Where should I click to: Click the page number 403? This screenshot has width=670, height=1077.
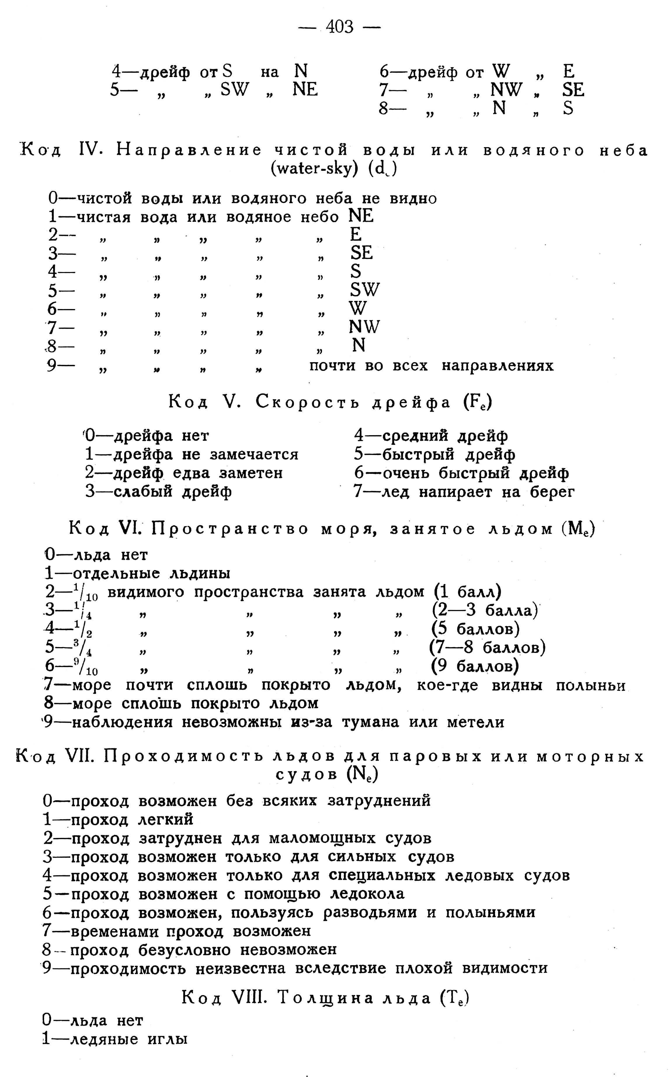coord(340,27)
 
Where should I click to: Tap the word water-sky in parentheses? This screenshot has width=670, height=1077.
coord(313,170)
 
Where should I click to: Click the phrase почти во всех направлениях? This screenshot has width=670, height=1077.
coord(431,366)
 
